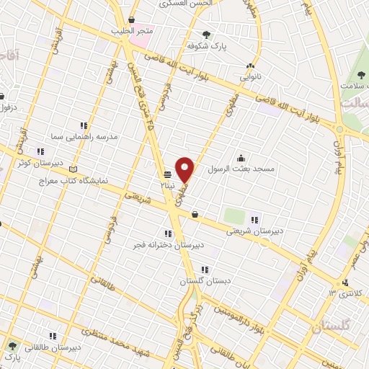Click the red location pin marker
pos(185,169)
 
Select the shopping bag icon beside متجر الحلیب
pos(131,19)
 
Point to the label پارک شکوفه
pos(207,45)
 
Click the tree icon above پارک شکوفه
pos(207,34)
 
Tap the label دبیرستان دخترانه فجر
pos(167,245)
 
